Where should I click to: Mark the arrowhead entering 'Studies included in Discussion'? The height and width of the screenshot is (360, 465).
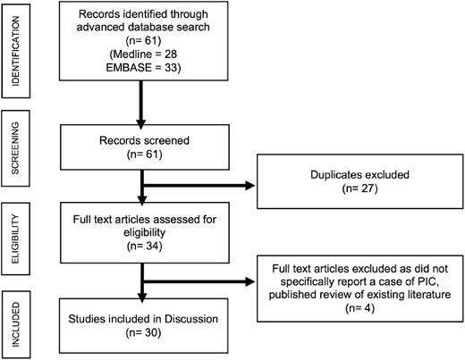tap(139, 297)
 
